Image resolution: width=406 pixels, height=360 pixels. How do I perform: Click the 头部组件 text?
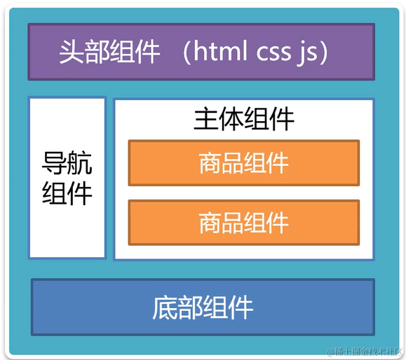(x=109, y=53)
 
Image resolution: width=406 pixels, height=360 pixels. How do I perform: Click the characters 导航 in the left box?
(x=67, y=165)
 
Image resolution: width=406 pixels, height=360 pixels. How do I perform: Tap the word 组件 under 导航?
(x=67, y=193)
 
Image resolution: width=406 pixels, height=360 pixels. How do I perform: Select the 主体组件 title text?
(x=243, y=119)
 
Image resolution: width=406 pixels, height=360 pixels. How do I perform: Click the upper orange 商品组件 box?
(x=243, y=163)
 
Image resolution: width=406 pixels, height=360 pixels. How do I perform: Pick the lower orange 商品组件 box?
(x=243, y=223)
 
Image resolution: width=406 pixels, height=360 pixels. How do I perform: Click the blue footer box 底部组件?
(x=202, y=307)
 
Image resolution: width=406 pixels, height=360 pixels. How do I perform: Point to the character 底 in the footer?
(x=165, y=307)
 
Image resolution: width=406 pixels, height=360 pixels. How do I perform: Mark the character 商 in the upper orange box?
(x=210, y=163)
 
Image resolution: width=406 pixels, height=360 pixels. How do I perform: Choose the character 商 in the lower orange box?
(x=210, y=223)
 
